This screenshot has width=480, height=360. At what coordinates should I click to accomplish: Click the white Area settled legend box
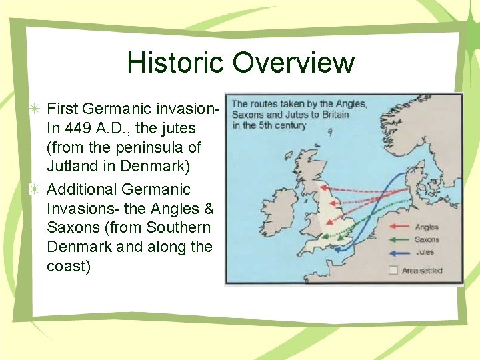click(x=393, y=271)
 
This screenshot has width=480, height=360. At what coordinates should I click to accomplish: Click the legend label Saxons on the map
click(x=427, y=240)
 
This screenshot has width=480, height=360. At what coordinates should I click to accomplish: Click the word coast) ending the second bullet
click(x=69, y=266)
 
